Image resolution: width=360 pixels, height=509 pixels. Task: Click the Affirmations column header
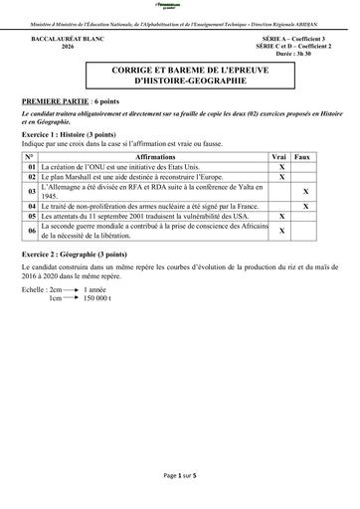(155, 157)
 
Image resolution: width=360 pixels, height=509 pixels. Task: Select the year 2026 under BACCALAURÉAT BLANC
(68, 47)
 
